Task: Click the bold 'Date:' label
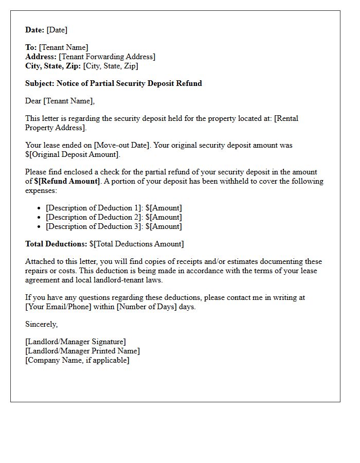(35, 30)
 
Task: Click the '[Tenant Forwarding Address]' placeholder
(107, 57)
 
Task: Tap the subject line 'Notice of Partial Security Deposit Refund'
(129, 83)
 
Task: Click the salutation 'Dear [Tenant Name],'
(60, 101)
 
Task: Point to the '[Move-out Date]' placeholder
(119, 145)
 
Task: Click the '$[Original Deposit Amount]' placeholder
(73, 154)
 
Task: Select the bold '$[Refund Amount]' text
(67, 181)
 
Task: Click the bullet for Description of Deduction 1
(40, 208)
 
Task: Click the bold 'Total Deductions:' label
(56, 244)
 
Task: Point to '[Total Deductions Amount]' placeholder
(138, 244)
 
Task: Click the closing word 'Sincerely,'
(42, 324)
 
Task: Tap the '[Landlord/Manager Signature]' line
(76, 342)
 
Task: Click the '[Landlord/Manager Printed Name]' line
(82, 351)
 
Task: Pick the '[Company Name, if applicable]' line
(77, 360)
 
